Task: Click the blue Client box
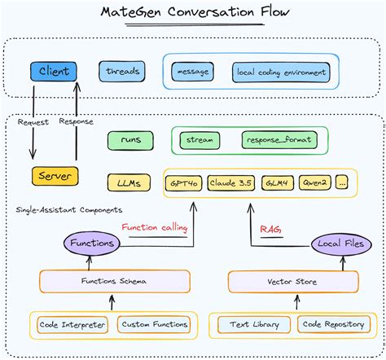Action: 53,72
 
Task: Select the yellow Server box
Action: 55,176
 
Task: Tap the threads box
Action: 123,72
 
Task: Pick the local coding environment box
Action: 281,72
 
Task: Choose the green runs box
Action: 129,139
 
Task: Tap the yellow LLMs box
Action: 129,182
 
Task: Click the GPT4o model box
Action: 184,182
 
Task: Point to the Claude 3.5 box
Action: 231,182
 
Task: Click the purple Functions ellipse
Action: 91,244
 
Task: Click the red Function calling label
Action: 154,228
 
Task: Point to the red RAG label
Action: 270,230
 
